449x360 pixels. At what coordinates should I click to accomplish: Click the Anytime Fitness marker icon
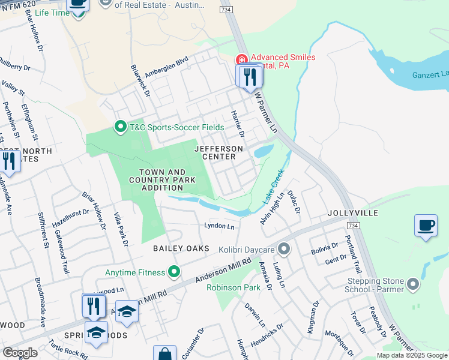click(174, 273)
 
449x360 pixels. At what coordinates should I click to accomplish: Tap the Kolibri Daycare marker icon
click(284, 248)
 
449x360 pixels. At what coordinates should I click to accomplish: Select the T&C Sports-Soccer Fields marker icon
click(121, 127)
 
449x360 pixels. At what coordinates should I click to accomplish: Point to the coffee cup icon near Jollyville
click(426, 226)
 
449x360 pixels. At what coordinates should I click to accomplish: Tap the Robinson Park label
click(234, 287)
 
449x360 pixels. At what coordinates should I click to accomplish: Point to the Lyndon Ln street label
click(219, 226)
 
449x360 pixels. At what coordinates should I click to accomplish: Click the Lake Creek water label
click(273, 188)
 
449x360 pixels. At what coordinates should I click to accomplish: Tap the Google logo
click(20, 353)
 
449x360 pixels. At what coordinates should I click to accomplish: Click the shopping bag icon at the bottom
click(164, 353)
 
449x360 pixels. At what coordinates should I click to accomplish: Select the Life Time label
click(49, 13)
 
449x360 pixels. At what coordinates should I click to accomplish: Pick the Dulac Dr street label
click(293, 202)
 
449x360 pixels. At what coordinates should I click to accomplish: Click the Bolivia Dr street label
click(325, 249)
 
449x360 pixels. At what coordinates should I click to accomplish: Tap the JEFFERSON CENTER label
click(218, 152)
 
